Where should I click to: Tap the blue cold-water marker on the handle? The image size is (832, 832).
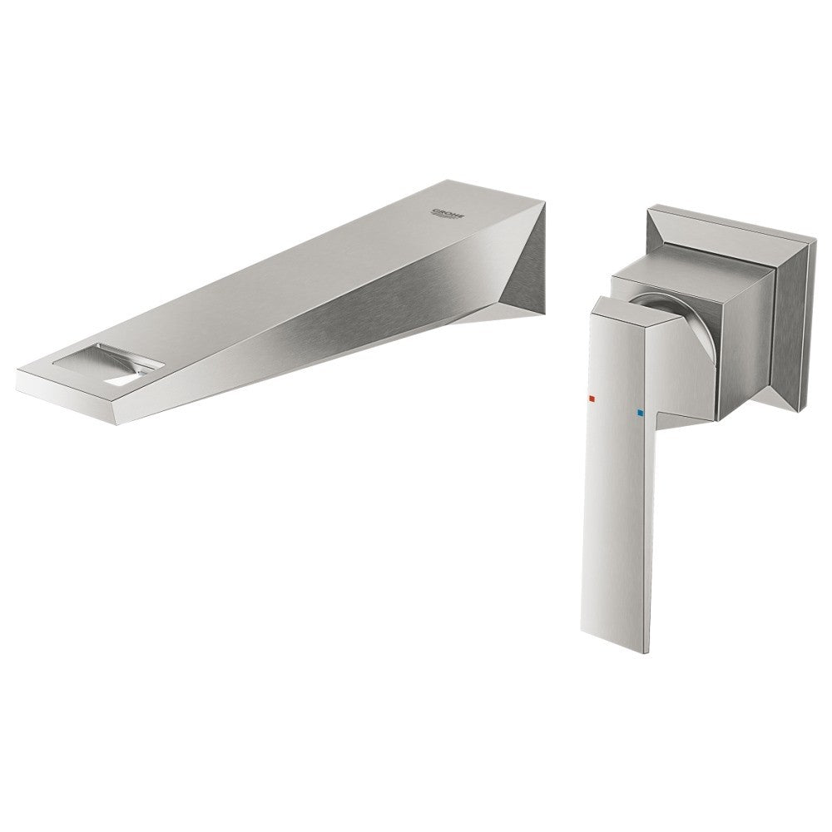(638, 411)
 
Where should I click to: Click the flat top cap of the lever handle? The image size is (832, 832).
(626, 310)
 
